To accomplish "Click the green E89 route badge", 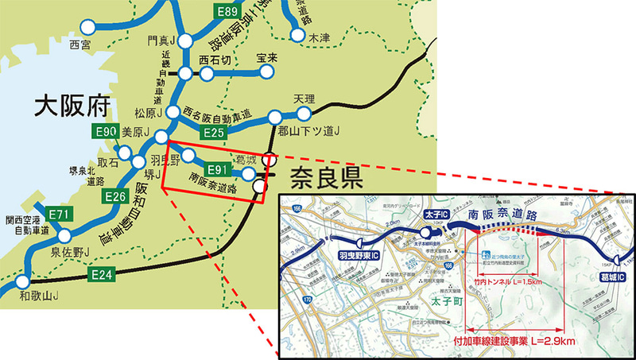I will click(x=228, y=11).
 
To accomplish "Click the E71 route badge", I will click(x=60, y=214).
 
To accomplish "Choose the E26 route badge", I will click(x=114, y=195).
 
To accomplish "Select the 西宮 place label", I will click(x=81, y=44).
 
